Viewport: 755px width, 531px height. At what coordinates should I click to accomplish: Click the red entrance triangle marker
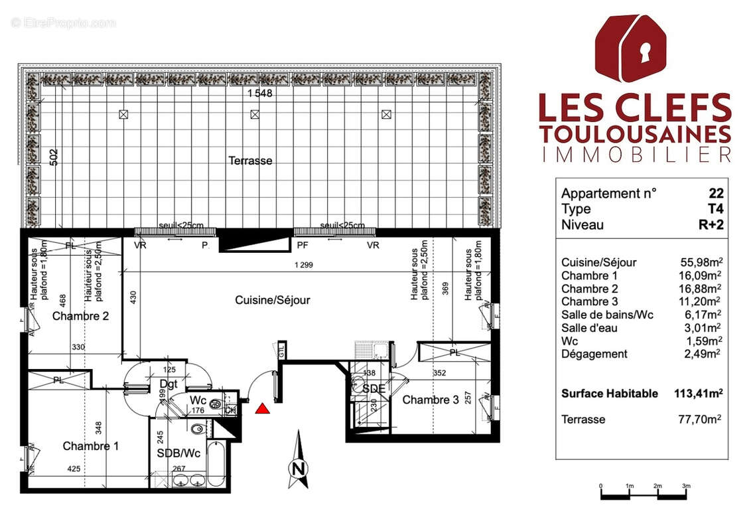click(x=263, y=408)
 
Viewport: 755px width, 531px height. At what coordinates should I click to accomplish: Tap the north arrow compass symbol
click(x=299, y=462)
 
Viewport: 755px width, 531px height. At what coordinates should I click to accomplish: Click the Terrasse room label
click(x=250, y=161)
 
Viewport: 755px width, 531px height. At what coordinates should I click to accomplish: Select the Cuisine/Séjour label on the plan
click(x=272, y=300)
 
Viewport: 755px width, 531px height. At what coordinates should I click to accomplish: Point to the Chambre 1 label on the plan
click(x=90, y=446)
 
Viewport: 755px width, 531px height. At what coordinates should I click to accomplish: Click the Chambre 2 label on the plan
click(x=80, y=316)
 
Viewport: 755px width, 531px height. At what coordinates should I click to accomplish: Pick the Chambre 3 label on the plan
click(x=430, y=400)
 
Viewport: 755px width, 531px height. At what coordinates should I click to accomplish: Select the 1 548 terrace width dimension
click(x=260, y=94)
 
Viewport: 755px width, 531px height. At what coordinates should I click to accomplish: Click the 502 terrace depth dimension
click(x=54, y=157)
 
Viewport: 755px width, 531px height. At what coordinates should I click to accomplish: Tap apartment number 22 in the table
click(x=716, y=194)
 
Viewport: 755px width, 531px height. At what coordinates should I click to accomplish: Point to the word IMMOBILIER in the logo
click(x=636, y=155)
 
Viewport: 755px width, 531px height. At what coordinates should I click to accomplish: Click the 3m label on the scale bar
click(x=686, y=487)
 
